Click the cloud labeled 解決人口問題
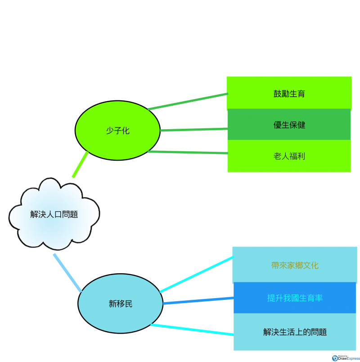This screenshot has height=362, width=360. pos(54,214)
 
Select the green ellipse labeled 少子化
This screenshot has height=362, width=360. pos(117,131)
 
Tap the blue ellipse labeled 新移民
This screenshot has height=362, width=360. pos(120,304)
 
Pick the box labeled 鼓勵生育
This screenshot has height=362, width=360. pos(289,94)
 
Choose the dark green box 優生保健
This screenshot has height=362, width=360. pos(289,125)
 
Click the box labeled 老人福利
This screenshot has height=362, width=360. pos(289,156)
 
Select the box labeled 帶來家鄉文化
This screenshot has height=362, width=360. pos(295,265)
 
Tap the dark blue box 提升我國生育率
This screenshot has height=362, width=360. pos(295,298)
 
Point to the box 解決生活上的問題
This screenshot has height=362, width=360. pos(295,332)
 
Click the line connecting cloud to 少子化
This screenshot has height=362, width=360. pos(80,165)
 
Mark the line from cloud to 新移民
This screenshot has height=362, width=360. pos(67,273)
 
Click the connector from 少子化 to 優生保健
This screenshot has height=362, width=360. pos(193,130)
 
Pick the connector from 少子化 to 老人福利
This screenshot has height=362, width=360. pos(188,152)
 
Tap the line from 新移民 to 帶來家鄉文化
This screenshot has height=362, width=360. pos(197,275)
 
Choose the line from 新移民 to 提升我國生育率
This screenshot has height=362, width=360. pos(198,301)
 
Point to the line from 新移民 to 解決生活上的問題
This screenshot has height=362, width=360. pos(192,329)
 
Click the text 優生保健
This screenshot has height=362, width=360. pos(289,125)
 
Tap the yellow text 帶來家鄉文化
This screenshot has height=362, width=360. pos(295,265)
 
